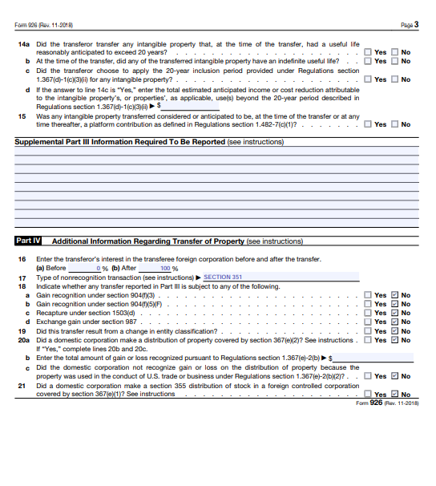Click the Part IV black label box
[x=30, y=241]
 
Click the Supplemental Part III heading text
[x=120, y=142]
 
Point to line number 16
[x=22, y=259]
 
